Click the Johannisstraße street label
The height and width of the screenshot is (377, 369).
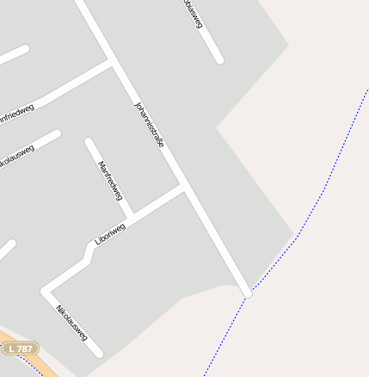pyautogui.click(x=149, y=126)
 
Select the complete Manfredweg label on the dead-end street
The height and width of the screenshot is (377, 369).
pyautogui.click(x=110, y=181)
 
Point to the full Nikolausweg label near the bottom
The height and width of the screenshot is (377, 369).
pyautogui.click(x=71, y=323)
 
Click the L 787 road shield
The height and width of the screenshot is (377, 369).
pyautogui.click(x=19, y=349)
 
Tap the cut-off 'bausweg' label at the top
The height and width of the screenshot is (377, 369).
pyautogui.click(x=193, y=15)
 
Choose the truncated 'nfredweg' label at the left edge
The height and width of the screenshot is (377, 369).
pyautogui.click(x=15, y=112)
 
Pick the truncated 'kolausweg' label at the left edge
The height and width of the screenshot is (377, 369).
pyautogui.click(x=17, y=158)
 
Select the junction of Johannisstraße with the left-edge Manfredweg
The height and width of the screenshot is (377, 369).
pyautogui.click(x=111, y=64)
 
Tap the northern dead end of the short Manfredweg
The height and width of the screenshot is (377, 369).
pyautogui.click(x=89, y=141)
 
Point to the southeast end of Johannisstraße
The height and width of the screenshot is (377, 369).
pyautogui.click(x=248, y=294)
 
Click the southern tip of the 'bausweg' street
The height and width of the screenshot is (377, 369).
pyautogui.click(x=219, y=59)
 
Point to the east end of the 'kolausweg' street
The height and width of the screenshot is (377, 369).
pyautogui.click(x=57, y=134)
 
